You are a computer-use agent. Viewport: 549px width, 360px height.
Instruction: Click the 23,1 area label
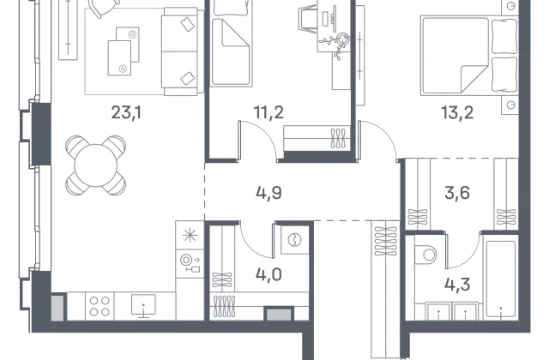click(x=126, y=112)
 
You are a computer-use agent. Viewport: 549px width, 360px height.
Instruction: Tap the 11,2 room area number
click(x=268, y=112)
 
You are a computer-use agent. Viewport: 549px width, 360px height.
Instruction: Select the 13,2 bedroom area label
click(x=457, y=112)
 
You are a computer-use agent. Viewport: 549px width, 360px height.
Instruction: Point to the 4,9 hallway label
click(x=268, y=193)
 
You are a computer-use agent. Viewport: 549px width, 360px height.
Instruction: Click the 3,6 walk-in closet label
click(x=457, y=193)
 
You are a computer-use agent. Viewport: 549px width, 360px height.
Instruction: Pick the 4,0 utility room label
click(x=268, y=275)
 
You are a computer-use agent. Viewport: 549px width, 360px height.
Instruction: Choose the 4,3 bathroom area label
click(x=457, y=285)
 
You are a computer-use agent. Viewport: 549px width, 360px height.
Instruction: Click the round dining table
click(x=95, y=165)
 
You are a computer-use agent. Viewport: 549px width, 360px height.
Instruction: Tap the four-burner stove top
click(x=100, y=306)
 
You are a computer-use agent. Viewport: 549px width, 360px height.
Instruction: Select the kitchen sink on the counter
click(x=143, y=306)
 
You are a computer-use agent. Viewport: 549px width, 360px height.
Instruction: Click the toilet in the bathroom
click(x=425, y=255)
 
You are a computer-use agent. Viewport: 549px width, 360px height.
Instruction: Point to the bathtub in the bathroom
click(x=501, y=275)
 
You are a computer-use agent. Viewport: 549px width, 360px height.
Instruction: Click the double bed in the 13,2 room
click(x=469, y=56)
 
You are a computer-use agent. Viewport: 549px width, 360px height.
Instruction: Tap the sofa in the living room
click(x=183, y=51)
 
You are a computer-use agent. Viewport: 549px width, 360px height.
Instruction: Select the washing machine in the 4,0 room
click(x=295, y=240)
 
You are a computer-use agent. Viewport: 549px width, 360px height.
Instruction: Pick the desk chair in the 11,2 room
click(x=307, y=18)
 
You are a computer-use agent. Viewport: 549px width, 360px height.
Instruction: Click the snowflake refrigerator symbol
click(x=190, y=235)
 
